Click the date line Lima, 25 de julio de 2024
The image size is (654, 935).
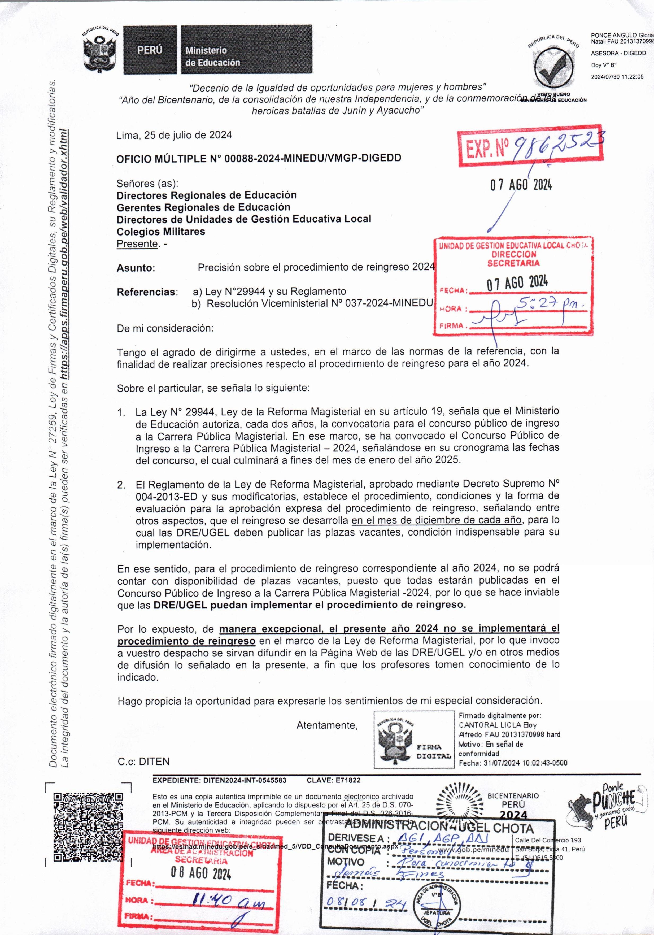pyautogui.click(x=174, y=135)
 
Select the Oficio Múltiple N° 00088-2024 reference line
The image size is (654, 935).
pyautogui.click(x=259, y=158)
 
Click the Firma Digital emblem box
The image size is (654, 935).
pyautogui.click(x=414, y=739)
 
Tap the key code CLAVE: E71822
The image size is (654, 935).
pyautogui.click(x=334, y=780)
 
